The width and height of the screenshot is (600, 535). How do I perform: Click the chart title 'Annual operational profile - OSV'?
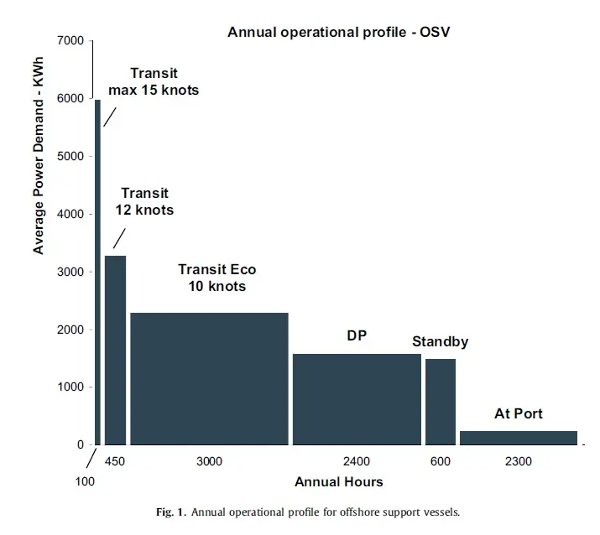[x=339, y=32]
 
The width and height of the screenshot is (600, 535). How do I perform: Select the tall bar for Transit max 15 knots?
[x=97, y=273]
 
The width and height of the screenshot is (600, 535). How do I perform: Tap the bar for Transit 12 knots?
[x=116, y=351]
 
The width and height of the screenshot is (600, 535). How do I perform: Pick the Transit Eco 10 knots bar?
[x=209, y=379]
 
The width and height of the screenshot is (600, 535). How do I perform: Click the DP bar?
[x=357, y=400]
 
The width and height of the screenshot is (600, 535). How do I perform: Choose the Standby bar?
[x=441, y=402]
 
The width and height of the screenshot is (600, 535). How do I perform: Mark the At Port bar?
[x=519, y=439]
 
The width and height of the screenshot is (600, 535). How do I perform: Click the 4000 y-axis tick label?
[x=70, y=214]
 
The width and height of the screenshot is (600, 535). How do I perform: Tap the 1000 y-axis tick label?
[x=70, y=387]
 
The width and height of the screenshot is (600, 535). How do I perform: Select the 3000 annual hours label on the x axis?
[x=209, y=461]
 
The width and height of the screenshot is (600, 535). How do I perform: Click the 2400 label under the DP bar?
[x=357, y=461]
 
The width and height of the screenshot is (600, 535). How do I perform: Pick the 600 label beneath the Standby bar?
[x=441, y=461]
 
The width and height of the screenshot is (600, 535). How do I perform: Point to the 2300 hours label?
[x=519, y=461]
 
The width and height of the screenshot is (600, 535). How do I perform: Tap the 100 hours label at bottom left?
[x=85, y=481]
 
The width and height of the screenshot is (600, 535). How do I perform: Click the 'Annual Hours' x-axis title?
[x=339, y=482]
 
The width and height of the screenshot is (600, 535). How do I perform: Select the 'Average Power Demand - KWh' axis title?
[x=39, y=156]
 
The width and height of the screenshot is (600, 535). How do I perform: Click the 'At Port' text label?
[x=519, y=413]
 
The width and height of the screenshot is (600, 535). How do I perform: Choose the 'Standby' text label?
[x=440, y=341]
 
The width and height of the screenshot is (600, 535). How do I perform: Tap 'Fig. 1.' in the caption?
[x=171, y=512]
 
